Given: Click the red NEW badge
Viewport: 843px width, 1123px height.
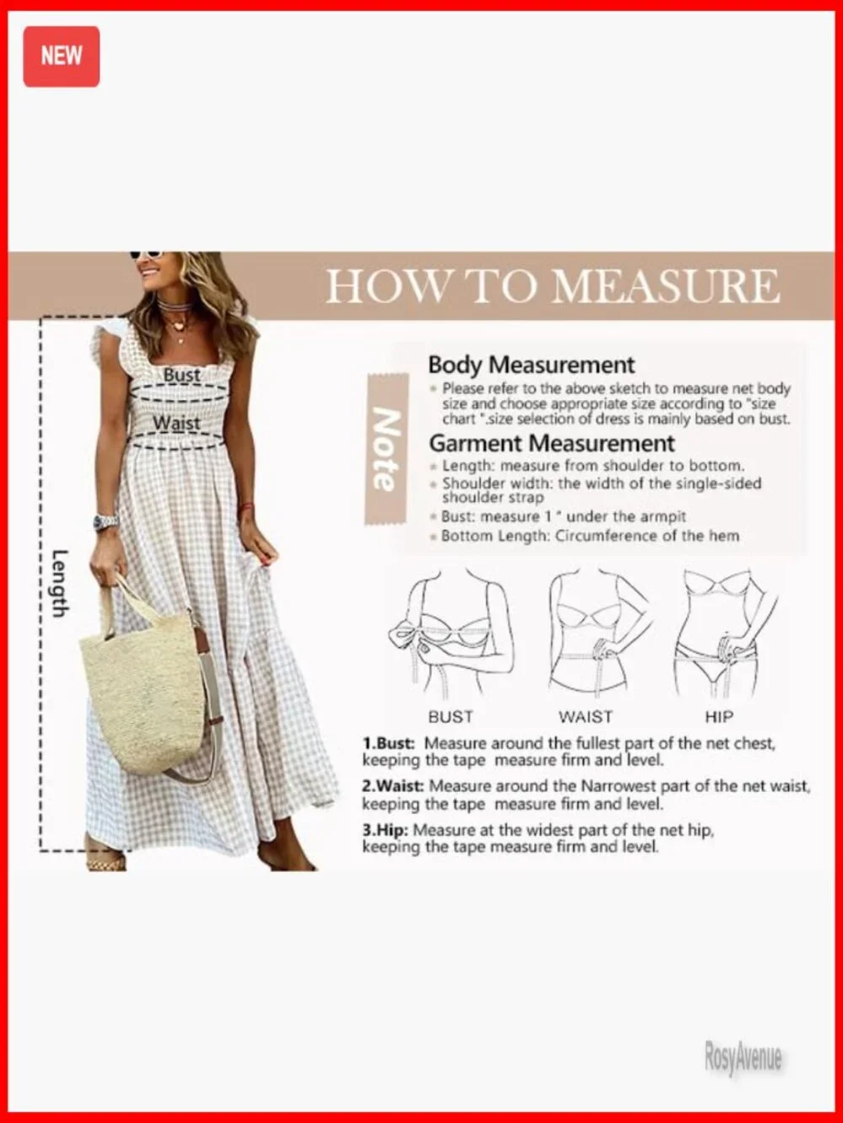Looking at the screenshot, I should pyautogui.click(x=61, y=56).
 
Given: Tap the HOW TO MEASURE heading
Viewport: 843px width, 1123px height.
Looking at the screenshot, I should pyautogui.click(x=552, y=286).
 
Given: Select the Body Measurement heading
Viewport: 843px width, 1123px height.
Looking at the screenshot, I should pyautogui.click(x=531, y=365).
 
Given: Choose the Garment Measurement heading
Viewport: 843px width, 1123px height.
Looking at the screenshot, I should pyautogui.click(x=551, y=443).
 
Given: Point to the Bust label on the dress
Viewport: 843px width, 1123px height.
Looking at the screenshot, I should pyautogui.click(x=182, y=375).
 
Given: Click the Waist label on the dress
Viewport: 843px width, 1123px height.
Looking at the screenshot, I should pyautogui.click(x=177, y=423).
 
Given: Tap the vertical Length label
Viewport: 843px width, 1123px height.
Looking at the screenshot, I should pyautogui.click(x=59, y=583).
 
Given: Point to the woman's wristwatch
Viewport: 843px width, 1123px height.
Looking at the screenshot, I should pyautogui.click(x=105, y=522).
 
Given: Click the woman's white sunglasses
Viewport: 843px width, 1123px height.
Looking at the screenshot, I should pyautogui.click(x=145, y=254).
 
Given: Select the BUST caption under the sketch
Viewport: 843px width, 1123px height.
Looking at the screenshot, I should pyautogui.click(x=450, y=717).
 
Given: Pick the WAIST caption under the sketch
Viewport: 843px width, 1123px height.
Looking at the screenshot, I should pyautogui.click(x=585, y=717).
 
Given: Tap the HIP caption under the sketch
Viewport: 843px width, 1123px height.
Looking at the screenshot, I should pyautogui.click(x=719, y=717).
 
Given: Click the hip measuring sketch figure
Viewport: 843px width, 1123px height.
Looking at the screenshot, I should pyautogui.click(x=722, y=632).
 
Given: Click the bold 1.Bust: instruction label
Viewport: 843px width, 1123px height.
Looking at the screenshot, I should pyautogui.click(x=389, y=744).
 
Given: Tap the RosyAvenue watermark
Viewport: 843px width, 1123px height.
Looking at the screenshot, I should pyautogui.click(x=743, y=1058).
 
